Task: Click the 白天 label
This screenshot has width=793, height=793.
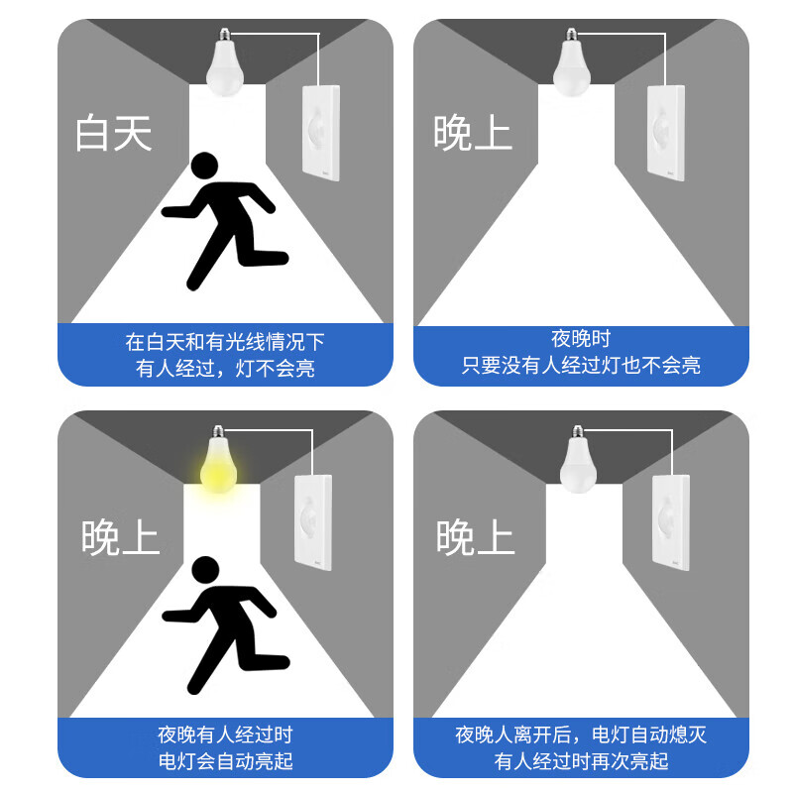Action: click(114, 133)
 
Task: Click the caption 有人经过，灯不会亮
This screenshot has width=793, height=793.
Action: click(225, 369)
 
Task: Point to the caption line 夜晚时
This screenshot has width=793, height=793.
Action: click(581, 339)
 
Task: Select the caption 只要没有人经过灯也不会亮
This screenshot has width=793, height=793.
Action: click(581, 365)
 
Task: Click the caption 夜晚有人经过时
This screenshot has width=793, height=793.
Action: click(225, 736)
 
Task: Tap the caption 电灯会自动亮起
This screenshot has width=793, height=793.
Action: click(225, 761)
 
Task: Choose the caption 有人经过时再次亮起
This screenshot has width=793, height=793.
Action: click(581, 761)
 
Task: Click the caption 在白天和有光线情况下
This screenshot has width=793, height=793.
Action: click(225, 343)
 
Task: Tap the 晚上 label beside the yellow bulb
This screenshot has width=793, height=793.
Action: click(120, 536)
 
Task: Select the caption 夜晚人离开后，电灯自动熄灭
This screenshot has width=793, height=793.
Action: click(581, 736)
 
